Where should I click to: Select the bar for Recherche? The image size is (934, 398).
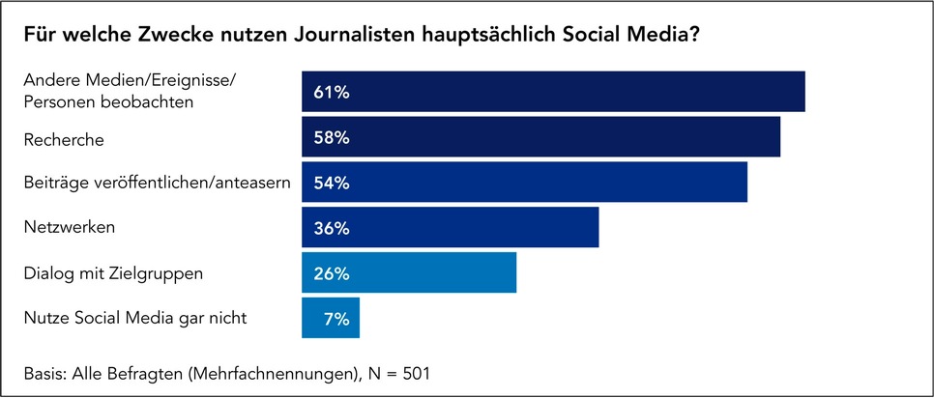(x=540, y=137)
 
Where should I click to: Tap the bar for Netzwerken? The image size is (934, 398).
(x=450, y=228)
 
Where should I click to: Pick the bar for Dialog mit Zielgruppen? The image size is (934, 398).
(x=409, y=273)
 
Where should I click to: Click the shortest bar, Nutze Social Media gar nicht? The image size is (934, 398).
(x=331, y=318)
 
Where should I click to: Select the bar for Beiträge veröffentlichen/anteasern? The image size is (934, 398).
(x=524, y=183)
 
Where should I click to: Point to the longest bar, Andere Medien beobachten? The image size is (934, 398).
(x=553, y=92)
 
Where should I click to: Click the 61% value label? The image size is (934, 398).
(x=331, y=93)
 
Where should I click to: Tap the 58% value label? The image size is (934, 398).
(x=331, y=138)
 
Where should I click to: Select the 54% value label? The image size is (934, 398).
(x=331, y=184)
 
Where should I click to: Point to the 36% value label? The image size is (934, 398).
(x=331, y=229)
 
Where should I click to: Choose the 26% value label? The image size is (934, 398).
(x=331, y=274)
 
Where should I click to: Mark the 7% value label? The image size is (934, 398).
(x=336, y=319)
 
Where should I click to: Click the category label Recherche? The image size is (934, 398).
(x=64, y=139)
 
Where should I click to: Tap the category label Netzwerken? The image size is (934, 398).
(x=70, y=228)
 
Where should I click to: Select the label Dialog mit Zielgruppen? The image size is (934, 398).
(x=113, y=273)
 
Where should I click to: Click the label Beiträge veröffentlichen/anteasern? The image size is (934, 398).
(x=158, y=184)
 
